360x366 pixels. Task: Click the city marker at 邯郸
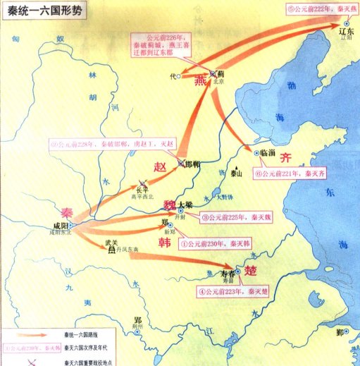[x=181, y=164]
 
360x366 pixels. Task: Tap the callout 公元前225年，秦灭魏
[x=233, y=217]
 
